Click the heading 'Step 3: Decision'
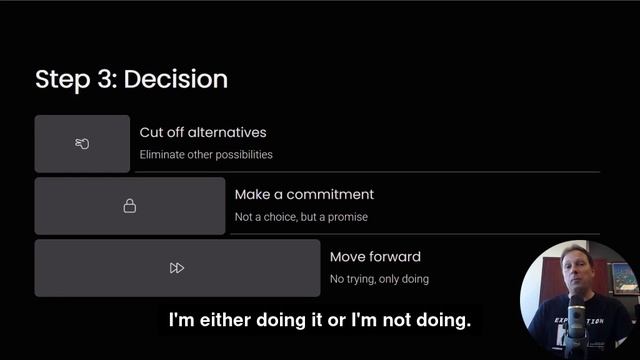(x=131, y=79)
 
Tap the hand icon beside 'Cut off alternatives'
(x=82, y=144)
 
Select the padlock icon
(x=130, y=206)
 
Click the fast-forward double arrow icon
(x=177, y=268)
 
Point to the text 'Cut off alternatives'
(x=203, y=133)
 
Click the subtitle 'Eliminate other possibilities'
(x=206, y=155)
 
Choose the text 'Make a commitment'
(x=304, y=195)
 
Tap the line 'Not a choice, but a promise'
(x=301, y=217)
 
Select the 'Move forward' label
(x=375, y=257)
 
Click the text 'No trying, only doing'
(x=379, y=279)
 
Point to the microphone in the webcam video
(x=576, y=315)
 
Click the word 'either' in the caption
(x=214, y=321)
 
